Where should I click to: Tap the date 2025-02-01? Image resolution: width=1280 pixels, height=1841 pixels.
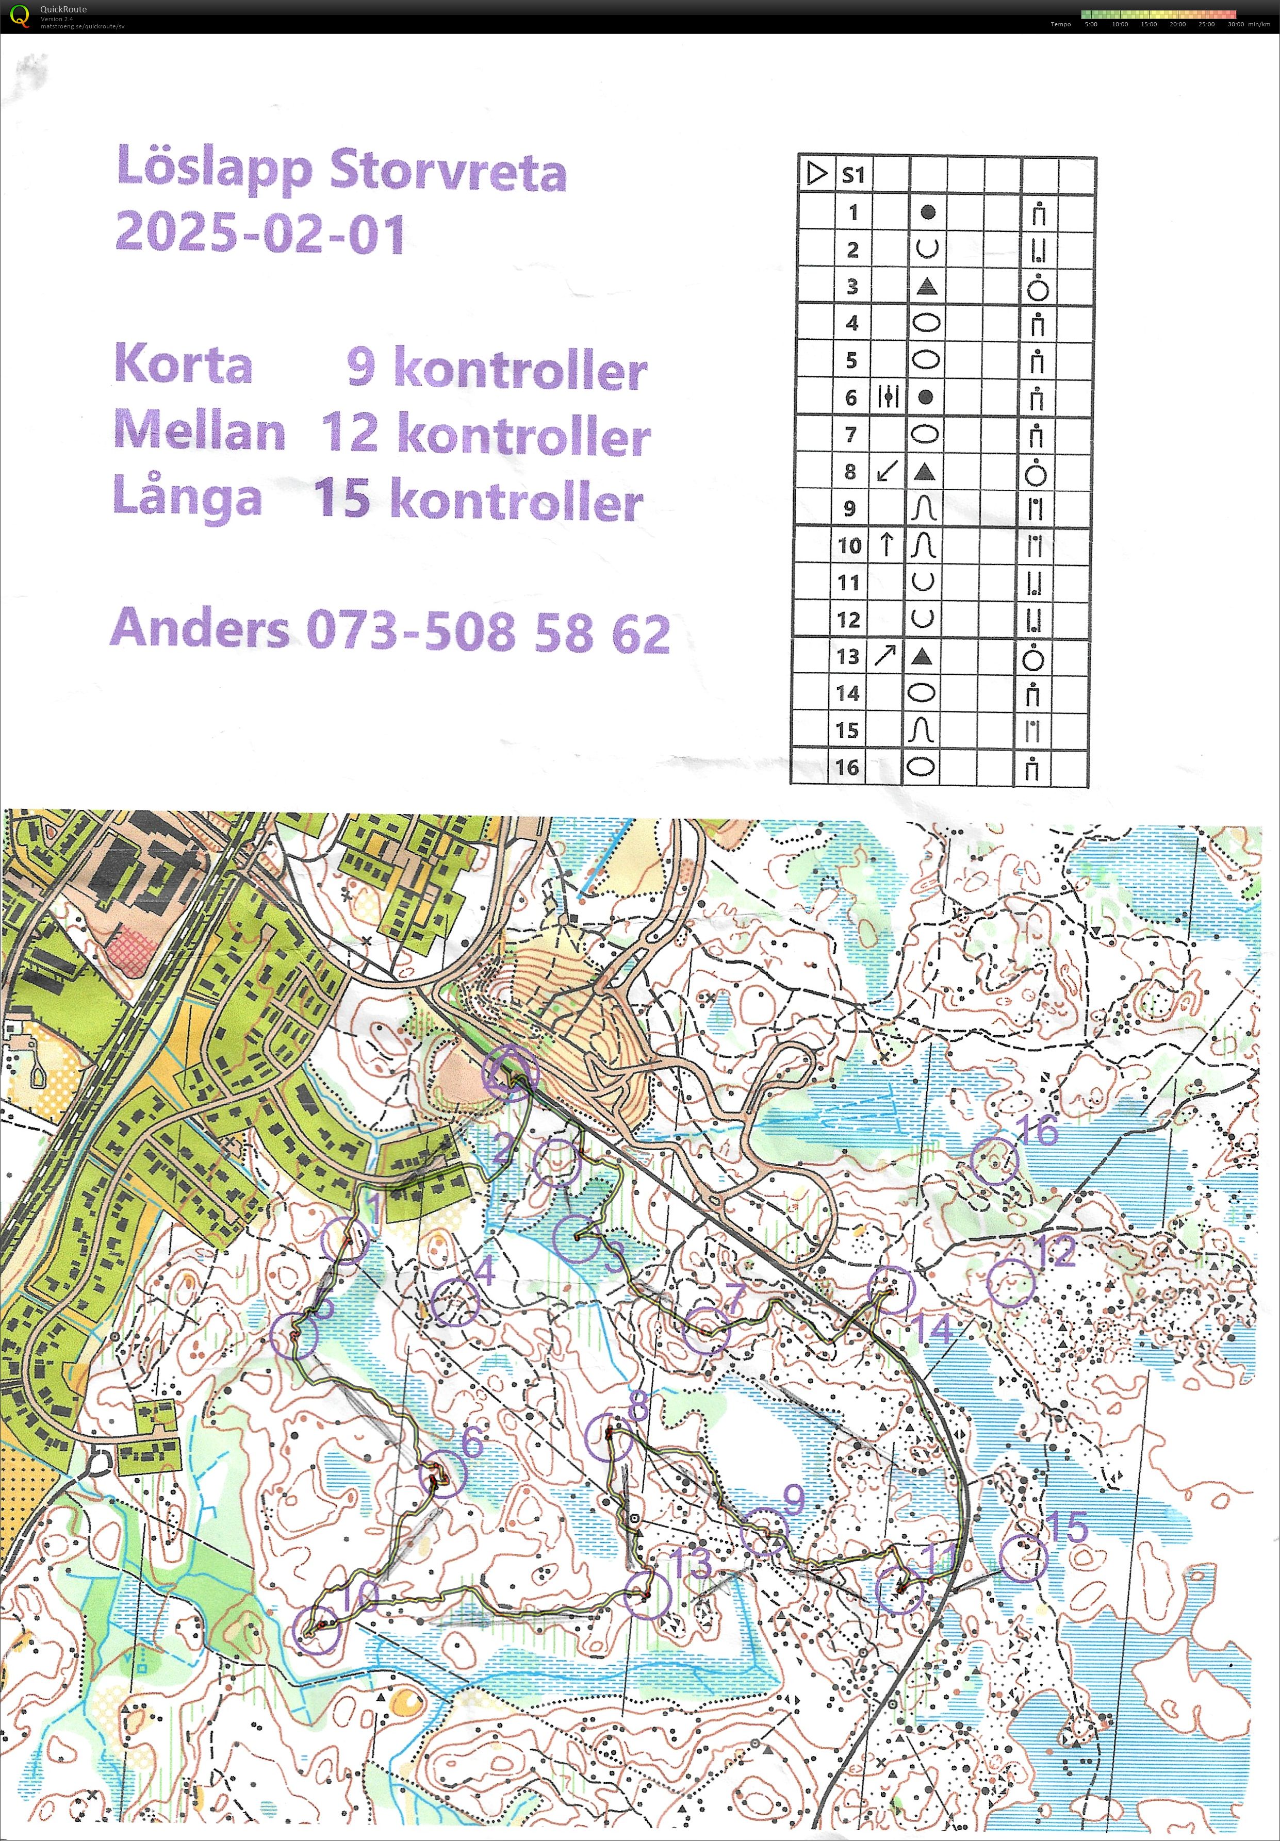(260, 234)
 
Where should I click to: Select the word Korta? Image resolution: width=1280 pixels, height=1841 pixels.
(184, 365)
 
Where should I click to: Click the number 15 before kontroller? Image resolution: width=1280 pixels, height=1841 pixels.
(341, 499)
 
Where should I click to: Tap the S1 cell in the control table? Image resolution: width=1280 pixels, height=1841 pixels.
(854, 175)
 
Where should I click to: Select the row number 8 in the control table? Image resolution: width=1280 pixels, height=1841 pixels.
(850, 472)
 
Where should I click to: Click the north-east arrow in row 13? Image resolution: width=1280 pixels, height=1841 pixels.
(886, 656)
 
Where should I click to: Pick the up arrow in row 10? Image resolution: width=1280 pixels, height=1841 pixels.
(886, 545)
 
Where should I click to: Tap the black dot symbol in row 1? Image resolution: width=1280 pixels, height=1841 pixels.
(928, 212)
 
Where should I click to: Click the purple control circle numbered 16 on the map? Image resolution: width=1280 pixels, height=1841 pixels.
(994, 1161)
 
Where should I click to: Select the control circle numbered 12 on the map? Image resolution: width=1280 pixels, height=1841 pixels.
(1010, 1283)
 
